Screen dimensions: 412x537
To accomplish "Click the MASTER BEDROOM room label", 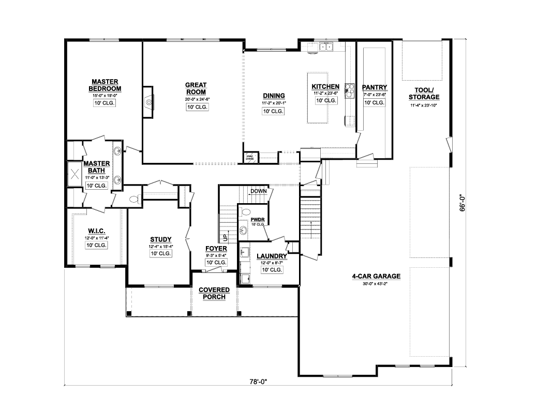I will pos(105,85).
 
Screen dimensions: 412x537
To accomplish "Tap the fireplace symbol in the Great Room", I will pos(148,102).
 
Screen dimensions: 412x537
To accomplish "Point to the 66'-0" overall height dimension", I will pos(464,202).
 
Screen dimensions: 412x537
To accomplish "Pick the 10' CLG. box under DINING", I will pos(273,111).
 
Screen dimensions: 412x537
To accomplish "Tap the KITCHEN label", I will pos(325,86).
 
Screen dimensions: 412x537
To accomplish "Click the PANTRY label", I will pos(375,87).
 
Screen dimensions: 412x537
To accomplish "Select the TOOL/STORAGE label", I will pos(424,94).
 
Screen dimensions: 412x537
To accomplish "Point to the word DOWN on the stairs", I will pos(258,191).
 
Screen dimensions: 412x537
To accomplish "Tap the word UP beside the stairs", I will pos(225,238).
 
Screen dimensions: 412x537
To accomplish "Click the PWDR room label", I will pos(258,219).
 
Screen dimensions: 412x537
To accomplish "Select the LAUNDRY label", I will pos(271,256).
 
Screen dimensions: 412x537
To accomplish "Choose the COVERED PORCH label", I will pos(214,294).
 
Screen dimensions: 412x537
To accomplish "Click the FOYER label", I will pos(216,249).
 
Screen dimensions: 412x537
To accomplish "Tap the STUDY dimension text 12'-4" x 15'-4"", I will pos(161,247).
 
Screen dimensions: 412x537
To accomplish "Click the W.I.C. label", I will pos(97,231).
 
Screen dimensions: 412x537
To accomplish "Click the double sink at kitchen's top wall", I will pos(326,47).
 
